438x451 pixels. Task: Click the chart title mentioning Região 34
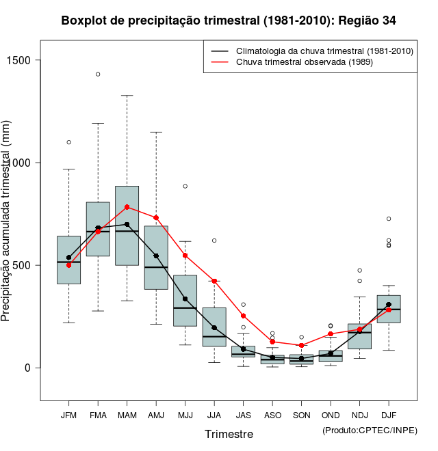click(x=229, y=20)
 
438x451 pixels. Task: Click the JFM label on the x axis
click(x=68, y=415)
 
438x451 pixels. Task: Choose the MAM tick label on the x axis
click(x=127, y=415)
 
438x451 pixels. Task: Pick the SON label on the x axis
click(x=301, y=415)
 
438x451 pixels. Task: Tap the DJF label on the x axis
click(x=389, y=415)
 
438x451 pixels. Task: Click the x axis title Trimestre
click(x=229, y=434)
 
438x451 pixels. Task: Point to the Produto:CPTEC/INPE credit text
click(x=370, y=430)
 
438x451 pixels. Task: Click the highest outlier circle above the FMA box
click(x=98, y=74)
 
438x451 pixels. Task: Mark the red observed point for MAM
click(x=127, y=207)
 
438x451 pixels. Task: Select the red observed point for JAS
click(x=243, y=316)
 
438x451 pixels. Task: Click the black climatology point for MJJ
click(x=185, y=299)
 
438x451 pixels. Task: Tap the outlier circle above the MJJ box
click(x=185, y=186)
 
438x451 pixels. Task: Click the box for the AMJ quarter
click(x=156, y=258)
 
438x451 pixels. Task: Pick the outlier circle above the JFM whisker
click(x=68, y=142)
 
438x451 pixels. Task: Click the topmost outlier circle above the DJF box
click(x=389, y=219)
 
